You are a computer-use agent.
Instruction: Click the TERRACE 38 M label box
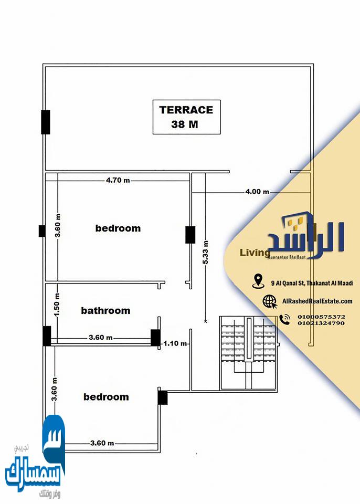coord(186,117)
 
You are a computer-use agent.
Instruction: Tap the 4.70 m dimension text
coord(118,180)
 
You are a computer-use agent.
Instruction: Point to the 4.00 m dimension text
coord(257,192)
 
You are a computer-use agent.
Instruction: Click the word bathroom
coord(105,311)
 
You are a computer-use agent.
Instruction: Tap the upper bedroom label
coord(118,228)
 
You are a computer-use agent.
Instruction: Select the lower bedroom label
coord(106,397)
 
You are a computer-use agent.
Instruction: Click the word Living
coord(251,253)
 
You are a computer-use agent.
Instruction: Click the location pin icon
coord(258,281)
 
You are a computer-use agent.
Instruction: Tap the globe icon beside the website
coord(270,301)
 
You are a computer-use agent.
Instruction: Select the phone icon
coord(284,319)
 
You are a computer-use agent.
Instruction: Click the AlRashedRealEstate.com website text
coord(317,301)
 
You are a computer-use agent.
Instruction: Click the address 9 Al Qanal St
coord(312,283)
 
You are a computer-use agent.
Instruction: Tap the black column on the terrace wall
coord(46,122)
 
